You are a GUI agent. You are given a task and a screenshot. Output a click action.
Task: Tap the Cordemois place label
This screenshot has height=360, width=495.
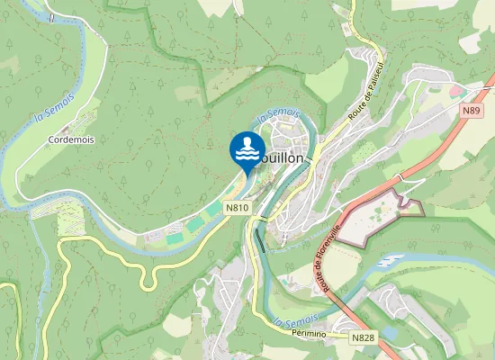(x=72, y=140)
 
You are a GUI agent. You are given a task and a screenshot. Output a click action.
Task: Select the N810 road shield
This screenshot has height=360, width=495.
(x=238, y=208)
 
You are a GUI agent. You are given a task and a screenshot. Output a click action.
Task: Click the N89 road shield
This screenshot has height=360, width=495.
(x=472, y=110)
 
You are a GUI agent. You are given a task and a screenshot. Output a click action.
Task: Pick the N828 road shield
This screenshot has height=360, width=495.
(x=363, y=338)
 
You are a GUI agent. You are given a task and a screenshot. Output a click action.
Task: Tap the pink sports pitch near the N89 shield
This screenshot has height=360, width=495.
(x=458, y=91)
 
